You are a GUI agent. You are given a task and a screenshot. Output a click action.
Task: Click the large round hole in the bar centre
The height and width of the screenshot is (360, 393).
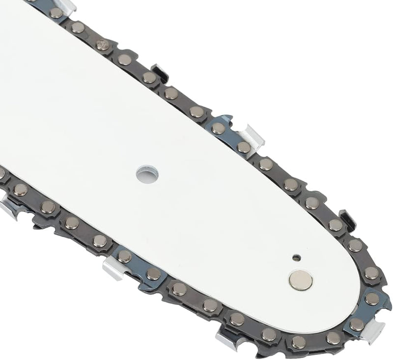pyautogui.click(x=148, y=173)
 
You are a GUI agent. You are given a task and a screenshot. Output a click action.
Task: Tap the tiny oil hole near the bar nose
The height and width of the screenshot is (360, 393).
pyautogui.click(x=296, y=257)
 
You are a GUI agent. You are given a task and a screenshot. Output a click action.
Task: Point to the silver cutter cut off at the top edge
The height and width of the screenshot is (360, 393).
pyautogui.click(x=67, y=6)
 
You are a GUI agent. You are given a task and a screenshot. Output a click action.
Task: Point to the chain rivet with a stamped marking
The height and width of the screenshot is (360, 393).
pyautogui.click(x=103, y=45)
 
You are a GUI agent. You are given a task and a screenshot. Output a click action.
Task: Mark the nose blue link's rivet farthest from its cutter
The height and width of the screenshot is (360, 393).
pyautogui.click(x=371, y=298)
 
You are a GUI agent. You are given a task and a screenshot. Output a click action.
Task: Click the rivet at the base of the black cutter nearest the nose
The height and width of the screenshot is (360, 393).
pyautogui.click(x=336, y=225)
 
